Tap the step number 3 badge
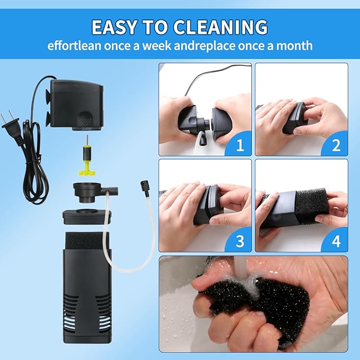(x=240, y=241)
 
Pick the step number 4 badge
(x=336, y=241)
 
